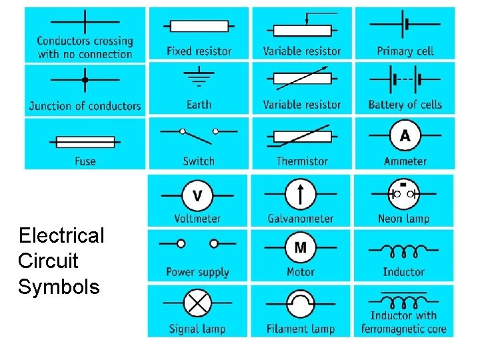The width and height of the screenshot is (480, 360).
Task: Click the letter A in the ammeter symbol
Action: (405, 136)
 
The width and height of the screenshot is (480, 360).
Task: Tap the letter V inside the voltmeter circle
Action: (197, 195)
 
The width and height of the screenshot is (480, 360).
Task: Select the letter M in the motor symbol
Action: (301, 248)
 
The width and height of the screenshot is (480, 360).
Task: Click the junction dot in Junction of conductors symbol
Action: (85, 80)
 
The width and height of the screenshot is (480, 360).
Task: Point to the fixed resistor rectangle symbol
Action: (199, 27)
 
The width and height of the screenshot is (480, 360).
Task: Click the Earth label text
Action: (199, 105)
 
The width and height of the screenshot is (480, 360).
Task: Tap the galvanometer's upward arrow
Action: (301, 195)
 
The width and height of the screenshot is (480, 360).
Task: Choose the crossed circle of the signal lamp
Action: (197, 304)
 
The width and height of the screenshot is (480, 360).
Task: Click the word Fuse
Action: (85, 161)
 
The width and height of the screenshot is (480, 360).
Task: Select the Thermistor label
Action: (302, 161)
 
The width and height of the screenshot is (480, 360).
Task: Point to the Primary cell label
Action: (405, 51)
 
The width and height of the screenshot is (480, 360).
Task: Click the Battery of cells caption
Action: (405, 105)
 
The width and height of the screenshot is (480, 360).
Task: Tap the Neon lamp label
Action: (403, 218)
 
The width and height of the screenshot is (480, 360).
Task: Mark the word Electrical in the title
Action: (61, 235)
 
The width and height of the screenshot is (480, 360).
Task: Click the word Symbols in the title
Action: (59, 287)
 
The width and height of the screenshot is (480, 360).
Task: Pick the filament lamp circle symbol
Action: (301, 304)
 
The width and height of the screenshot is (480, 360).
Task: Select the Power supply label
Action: (197, 271)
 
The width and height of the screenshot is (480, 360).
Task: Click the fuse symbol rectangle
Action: (85, 141)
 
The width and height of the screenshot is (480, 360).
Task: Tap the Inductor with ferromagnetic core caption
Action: (403, 322)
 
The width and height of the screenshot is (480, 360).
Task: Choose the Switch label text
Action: (199, 161)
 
